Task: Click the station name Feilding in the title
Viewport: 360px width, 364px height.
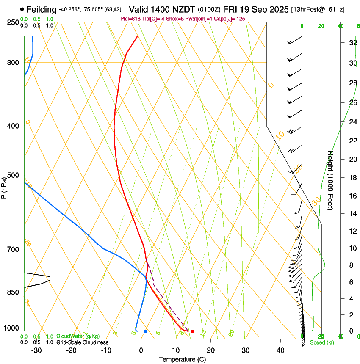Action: coord(42,9)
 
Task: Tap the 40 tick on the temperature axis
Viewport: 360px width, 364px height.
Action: coord(280,350)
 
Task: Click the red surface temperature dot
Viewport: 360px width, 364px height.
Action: coord(192,331)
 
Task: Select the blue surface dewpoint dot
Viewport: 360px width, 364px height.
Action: coord(145,331)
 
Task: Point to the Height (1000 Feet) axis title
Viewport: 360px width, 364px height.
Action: coord(330,180)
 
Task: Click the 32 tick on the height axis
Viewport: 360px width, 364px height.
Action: coord(352,43)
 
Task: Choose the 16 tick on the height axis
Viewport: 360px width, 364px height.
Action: coord(352,196)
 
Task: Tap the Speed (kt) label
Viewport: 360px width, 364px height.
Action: coord(322,342)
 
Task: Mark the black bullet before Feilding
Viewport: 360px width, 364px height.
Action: coord(22,9)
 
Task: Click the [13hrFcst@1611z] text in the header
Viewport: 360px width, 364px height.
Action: coord(324,9)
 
